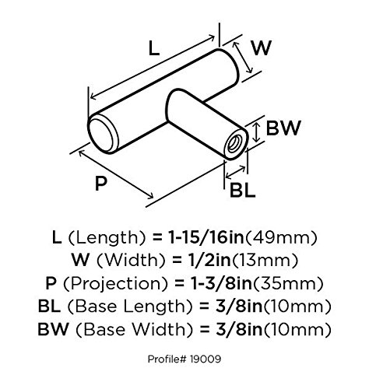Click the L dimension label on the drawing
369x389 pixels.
click(153, 48)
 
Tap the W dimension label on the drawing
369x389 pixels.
click(262, 48)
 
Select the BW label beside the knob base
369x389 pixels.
click(283, 128)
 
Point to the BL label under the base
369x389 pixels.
click(243, 191)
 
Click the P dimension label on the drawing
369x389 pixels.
click(101, 183)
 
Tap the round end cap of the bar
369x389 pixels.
click(101, 135)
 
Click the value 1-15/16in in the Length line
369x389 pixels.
click(206, 237)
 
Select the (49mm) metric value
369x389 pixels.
click(281, 238)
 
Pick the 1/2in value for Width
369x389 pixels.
click(209, 260)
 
